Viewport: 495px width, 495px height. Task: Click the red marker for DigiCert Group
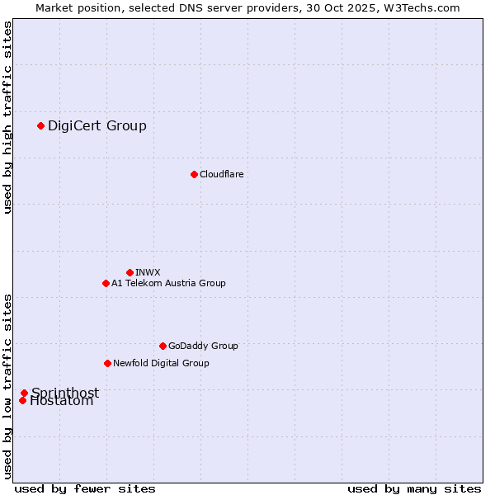tap(40, 125)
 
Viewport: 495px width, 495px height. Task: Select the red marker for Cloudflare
tap(194, 174)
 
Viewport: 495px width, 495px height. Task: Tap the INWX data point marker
tap(130, 272)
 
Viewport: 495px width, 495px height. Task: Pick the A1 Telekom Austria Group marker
tap(106, 283)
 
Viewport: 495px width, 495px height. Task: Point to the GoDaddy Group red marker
tap(163, 346)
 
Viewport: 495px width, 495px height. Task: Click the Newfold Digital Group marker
tap(107, 363)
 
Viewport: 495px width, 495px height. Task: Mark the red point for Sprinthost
tap(24, 393)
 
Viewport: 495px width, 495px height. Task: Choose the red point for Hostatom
tap(22, 401)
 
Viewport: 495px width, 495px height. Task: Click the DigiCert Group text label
tap(97, 125)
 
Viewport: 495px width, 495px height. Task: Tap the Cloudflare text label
tap(222, 174)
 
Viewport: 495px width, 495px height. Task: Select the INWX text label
tap(148, 272)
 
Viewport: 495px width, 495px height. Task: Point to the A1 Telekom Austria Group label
tap(168, 283)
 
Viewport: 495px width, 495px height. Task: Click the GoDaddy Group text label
tap(203, 346)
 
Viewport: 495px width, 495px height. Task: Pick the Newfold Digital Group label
tap(161, 363)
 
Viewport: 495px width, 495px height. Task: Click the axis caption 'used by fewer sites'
tap(85, 488)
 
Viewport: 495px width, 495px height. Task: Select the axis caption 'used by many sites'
tap(414, 488)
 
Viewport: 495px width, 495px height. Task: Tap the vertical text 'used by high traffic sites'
tap(7, 117)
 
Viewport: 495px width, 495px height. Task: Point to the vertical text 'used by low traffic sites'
tap(7, 386)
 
